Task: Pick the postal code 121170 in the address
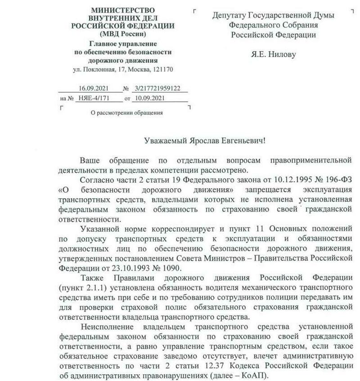164,70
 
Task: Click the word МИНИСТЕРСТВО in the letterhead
122,10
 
